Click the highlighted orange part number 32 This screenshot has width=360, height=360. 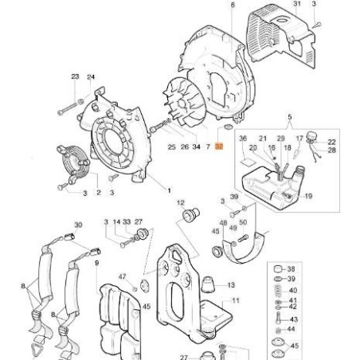pyautogui.click(x=219, y=147)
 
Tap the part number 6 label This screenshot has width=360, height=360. pyautogui.click(x=233, y=5)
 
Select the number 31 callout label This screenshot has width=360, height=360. pyautogui.click(x=297, y=4)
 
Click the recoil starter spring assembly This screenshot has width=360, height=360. pyautogui.click(x=73, y=163)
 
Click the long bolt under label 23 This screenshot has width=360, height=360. pyautogui.click(x=68, y=108)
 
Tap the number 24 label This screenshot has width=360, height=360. pyautogui.click(x=91, y=77)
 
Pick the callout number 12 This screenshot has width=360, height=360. pyautogui.click(x=181, y=203)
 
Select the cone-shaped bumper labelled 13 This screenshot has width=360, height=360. pyautogui.click(x=208, y=284)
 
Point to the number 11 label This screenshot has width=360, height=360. pyautogui.click(x=236, y=301)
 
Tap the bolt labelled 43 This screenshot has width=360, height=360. pyautogui.click(x=278, y=318)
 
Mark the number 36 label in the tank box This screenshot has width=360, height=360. pyautogui.click(x=243, y=139)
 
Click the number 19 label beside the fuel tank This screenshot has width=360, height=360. pyautogui.click(x=308, y=196)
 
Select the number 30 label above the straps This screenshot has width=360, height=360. pyautogui.click(x=78, y=225)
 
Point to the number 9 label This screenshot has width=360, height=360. pyautogui.click(x=97, y=263)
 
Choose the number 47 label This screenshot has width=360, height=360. pyautogui.click(x=122, y=277)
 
